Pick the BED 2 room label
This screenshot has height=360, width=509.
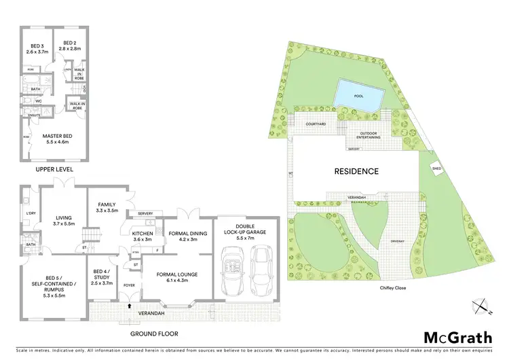(x=69, y=48)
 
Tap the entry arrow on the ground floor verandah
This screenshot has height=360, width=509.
(x=129, y=306)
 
